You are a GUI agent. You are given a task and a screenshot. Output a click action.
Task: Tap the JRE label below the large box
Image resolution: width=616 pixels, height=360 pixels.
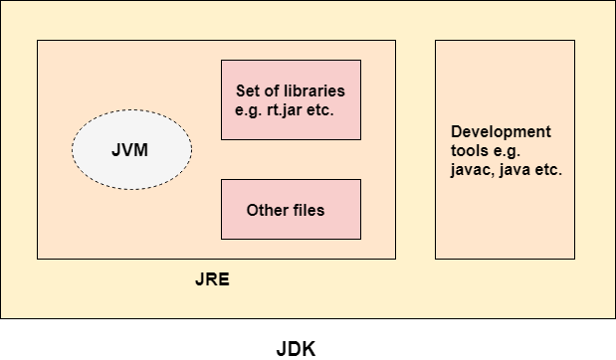click(212, 279)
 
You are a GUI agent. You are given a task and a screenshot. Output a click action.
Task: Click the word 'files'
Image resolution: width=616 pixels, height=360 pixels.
click(308, 210)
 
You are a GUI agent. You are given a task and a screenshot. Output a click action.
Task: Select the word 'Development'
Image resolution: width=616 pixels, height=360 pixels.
click(501, 131)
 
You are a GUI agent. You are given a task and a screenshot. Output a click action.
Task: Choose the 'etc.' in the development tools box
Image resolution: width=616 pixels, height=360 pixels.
click(547, 169)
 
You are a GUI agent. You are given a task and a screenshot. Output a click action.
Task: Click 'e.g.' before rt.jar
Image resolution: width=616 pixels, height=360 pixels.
click(249, 109)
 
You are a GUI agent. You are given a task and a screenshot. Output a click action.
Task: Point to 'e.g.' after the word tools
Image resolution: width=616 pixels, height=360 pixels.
click(509, 150)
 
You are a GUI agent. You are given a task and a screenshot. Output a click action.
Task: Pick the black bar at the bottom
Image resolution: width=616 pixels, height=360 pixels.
click(308, 339)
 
